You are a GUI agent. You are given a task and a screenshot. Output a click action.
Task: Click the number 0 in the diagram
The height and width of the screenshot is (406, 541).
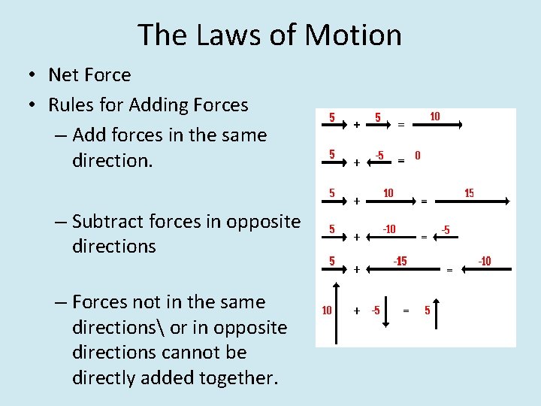[x=418, y=156]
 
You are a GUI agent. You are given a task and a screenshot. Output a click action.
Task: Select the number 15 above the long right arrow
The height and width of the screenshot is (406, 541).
[x=469, y=193]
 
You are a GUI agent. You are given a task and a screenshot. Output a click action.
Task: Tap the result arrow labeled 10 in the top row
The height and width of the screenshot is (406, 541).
[x=435, y=126]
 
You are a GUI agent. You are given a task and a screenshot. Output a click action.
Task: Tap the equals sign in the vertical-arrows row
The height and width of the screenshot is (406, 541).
[x=407, y=310]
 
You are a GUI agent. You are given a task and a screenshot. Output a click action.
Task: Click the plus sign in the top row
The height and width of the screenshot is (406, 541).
[x=355, y=124]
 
